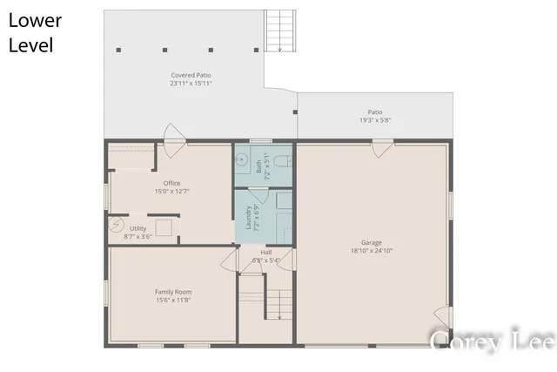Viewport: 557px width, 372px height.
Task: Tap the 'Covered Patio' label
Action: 191,75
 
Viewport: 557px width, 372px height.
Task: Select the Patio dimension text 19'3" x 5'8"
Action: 375,120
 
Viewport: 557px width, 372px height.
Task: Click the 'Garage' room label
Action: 372,242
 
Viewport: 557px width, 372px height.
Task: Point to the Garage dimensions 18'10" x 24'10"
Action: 372,251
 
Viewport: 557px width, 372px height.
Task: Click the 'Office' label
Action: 171,183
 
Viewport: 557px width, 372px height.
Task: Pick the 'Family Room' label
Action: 173,292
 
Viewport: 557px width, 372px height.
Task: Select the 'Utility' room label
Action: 138,227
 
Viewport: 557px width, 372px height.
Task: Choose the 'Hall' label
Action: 265,252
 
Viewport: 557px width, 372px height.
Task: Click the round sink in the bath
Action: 243,160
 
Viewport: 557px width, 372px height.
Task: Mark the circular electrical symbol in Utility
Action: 117,227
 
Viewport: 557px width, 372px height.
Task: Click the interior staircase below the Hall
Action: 278,305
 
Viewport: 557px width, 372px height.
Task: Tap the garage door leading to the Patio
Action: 381,147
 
